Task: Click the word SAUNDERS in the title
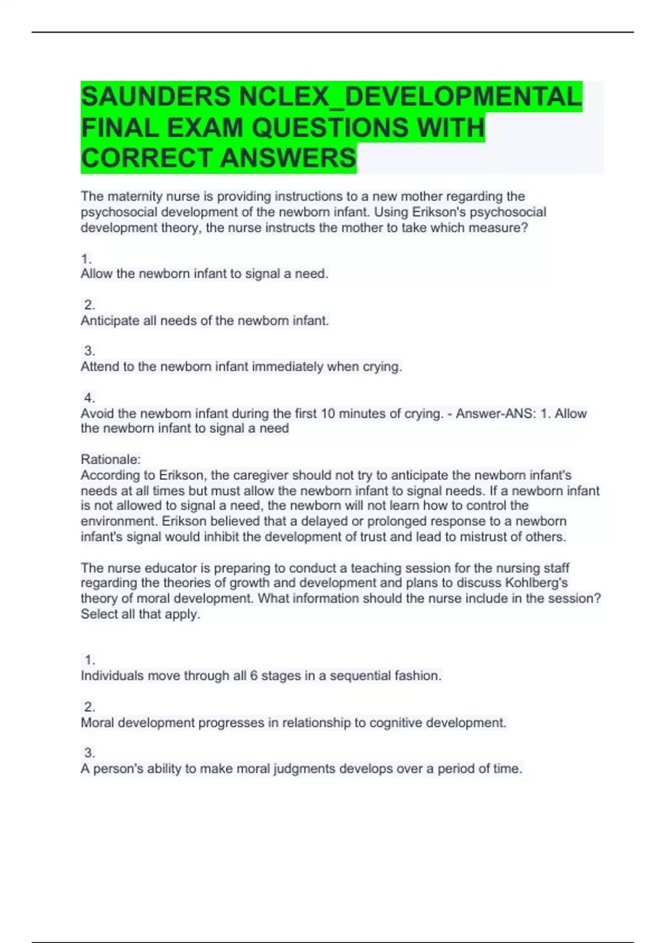click(x=155, y=97)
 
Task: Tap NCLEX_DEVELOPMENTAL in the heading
click(x=410, y=97)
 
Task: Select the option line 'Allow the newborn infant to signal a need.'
click(x=204, y=273)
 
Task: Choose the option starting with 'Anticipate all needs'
click(x=205, y=321)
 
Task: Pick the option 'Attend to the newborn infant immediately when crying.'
click(x=241, y=367)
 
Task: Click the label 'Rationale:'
click(x=110, y=459)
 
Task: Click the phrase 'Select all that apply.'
click(x=140, y=614)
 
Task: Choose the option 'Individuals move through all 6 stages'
click(x=261, y=676)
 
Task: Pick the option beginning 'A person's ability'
click(x=301, y=769)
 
